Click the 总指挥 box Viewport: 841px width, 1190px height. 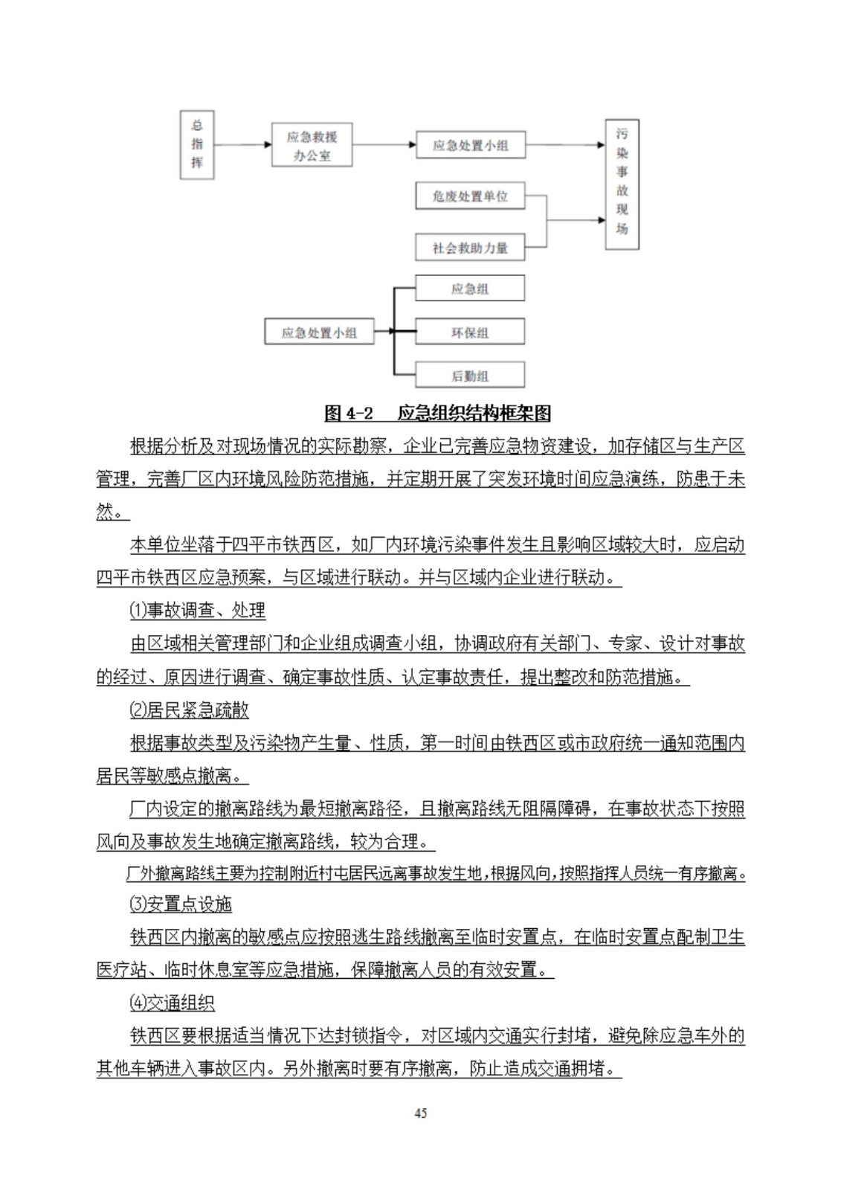[x=197, y=144]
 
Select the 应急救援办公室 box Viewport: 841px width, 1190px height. [x=312, y=145]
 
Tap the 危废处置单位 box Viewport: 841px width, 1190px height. [x=470, y=196]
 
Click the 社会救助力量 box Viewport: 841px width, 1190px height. [x=470, y=248]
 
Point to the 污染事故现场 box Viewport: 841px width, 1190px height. [x=622, y=184]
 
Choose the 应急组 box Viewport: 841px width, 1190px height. [x=470, y=289]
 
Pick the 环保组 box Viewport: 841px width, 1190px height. [x=470, y=332]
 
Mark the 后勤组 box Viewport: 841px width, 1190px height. [x=470, y=376]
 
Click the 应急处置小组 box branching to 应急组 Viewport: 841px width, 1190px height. [x=319, y=332]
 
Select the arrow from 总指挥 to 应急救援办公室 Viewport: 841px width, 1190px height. [x=242, y=144]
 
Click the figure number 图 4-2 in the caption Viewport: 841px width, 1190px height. [x=349, y=414]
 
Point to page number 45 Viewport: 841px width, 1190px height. [x=420, y=1113]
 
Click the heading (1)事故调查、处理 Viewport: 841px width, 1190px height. [x=197, y=611]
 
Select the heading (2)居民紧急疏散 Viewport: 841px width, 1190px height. [x=189, y=710]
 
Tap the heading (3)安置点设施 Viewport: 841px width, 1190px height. [x=181, y=904]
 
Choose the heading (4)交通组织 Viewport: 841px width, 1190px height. [x=172, y=1003]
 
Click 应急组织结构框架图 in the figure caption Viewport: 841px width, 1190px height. [x=474, y=414]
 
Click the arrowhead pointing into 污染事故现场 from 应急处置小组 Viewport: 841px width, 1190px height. [x=601, y=145]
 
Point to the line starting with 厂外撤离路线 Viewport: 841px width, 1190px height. [x=436, y=873]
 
